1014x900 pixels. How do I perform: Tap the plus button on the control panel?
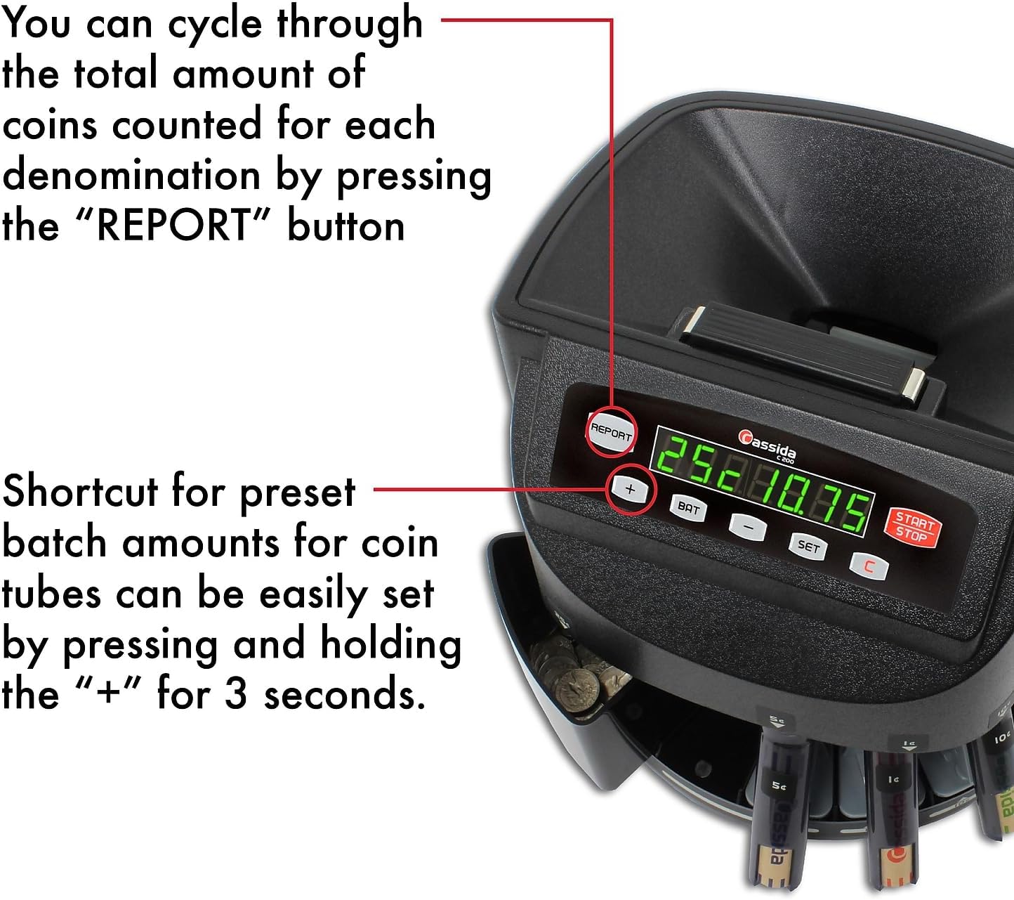[630, 490]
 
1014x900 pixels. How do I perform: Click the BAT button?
[689, 508]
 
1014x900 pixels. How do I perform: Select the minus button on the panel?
[749, 526]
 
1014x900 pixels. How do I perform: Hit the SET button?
[808, 546]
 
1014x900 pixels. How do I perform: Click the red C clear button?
[869, 566]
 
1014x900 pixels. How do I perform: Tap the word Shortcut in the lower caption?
[80, 491]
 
